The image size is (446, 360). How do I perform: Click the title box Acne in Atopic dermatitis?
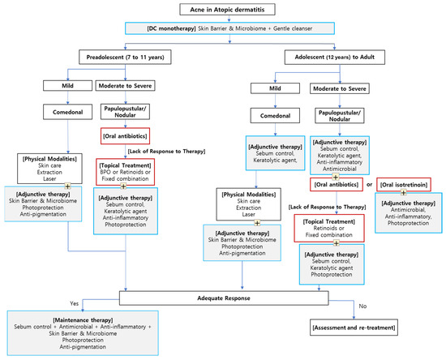click(x=223, y=10)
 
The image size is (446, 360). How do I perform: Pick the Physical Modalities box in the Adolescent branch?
click(x=250, y=201)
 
